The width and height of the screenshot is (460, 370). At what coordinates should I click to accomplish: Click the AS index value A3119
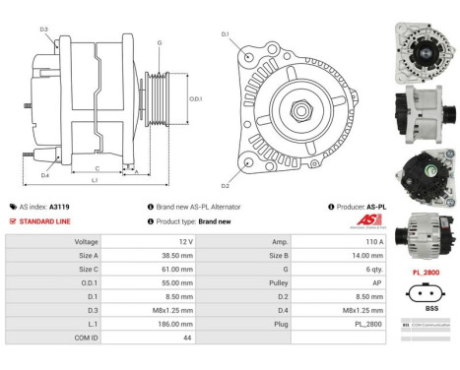[60, 207]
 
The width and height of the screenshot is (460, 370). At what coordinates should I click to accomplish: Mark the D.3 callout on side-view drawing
[44, 30]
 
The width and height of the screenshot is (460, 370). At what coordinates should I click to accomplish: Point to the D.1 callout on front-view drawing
[225, 34]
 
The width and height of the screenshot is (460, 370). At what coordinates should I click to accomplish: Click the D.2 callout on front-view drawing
[225, 185]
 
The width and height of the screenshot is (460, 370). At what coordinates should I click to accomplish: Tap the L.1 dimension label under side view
[94, 181]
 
